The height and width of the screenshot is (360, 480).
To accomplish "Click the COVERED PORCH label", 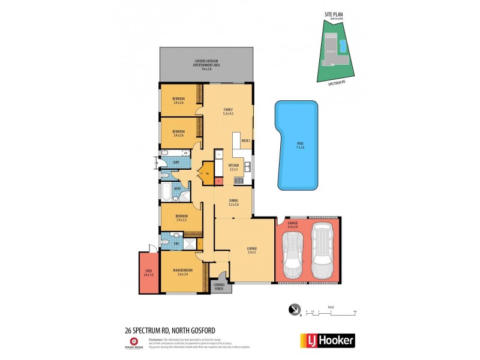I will pos(219,287).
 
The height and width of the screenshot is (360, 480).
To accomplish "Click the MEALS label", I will pos(245,141).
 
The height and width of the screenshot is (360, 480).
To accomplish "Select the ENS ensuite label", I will pos(176,244).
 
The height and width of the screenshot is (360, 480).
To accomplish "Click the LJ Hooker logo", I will pos(327,340).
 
